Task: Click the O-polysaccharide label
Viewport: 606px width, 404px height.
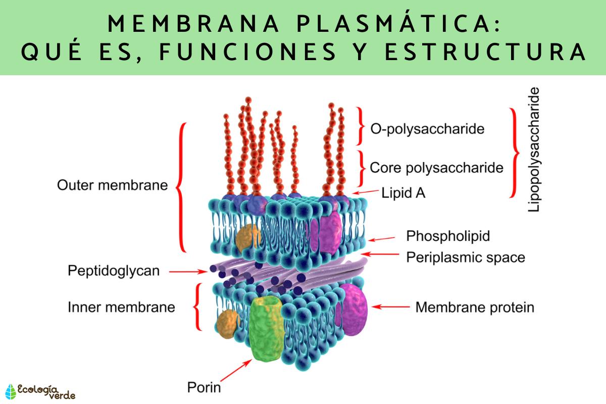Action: pos(427,129)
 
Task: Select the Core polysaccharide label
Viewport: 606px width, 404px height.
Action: pos(437,167)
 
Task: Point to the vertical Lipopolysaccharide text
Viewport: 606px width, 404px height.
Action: pos(534,149)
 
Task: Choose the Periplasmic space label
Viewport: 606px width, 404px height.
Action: pos(466,258)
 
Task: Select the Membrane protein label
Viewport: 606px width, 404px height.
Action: pos(474,307)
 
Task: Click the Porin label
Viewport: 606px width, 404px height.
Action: pos(204,388)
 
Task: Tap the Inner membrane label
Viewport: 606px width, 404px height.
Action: pos(121,307)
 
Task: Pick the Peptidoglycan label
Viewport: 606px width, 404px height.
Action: pos(114,271)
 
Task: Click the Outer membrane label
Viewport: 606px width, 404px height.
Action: pos(112,185)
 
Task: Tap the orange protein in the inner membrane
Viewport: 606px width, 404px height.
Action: pos(227,324)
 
